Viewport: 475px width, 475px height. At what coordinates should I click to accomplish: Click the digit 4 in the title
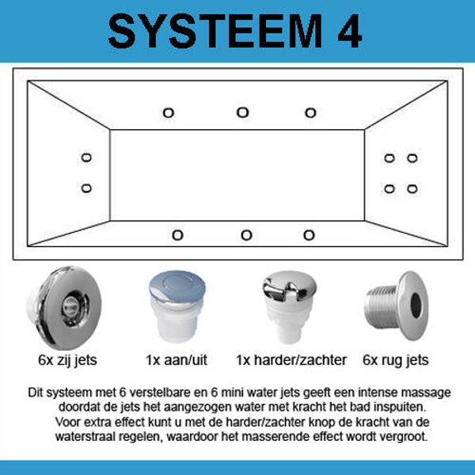(x=350, y=31)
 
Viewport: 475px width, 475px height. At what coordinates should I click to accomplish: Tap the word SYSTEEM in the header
(x=215, y=31)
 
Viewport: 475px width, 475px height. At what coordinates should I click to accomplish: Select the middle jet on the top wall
(x=243, y=112)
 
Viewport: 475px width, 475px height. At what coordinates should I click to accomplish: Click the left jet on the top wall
(x=169, y=113)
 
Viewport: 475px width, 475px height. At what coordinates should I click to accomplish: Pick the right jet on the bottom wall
(x=309, y=235)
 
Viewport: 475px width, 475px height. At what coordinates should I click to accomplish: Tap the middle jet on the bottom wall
(x=246, y=235)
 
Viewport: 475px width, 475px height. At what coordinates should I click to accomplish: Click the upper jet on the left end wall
(x=86, y=158)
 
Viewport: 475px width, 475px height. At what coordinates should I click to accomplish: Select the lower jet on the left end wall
(x=86, y=188)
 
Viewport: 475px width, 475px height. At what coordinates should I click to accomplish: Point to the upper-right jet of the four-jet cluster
(x=412, y=158)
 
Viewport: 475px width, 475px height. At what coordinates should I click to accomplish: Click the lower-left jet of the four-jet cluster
(x=389, y=188)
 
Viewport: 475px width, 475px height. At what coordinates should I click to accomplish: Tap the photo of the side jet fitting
(x=64, y=307)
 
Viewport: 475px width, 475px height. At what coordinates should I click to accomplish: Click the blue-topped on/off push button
(x=177, y=306)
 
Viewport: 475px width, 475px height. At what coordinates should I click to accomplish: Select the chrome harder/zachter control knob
(x=289, y=306)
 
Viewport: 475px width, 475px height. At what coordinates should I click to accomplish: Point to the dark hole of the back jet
(x=416, y=306)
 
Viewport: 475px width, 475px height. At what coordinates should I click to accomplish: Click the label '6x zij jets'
(x=67, y=360)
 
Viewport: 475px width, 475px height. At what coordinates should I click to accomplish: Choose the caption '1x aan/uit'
(x=177, y=360)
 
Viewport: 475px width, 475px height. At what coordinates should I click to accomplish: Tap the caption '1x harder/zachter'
(x=291, y=360)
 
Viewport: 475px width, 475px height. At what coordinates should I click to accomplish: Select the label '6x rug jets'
(x=396, y=360)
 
